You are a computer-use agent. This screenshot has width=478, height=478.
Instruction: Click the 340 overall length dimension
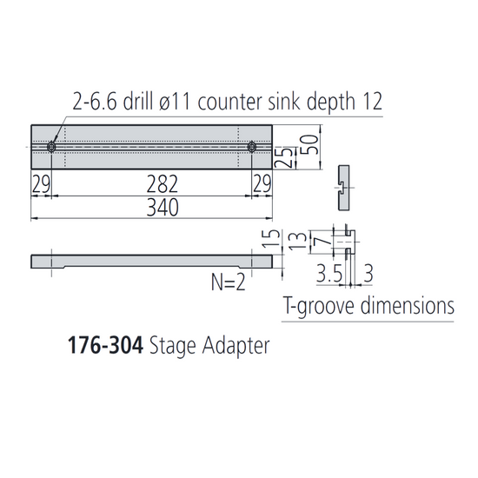coord(162,207)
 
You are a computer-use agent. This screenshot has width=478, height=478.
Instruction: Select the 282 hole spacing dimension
coord(162,183)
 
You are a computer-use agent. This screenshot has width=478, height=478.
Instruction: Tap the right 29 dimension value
coord(261,183)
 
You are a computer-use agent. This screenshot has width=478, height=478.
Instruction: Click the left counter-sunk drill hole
coord(53,148)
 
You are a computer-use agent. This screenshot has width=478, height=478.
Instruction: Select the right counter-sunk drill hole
coord(252,148)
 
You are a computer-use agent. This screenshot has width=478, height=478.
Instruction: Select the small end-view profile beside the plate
coord(343,185)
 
